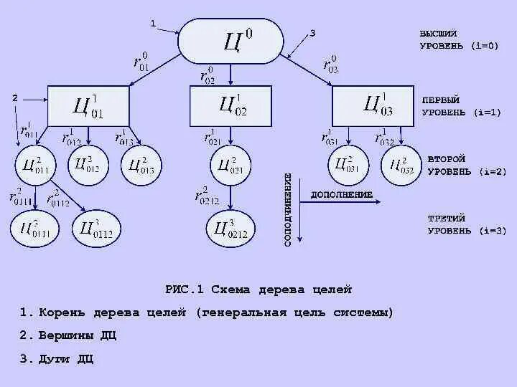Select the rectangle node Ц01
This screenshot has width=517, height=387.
tap(88, 107)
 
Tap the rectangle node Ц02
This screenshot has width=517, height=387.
tap(230, 106)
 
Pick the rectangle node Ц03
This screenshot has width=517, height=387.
tap(373, 106)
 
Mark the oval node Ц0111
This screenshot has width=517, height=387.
tap(32, 229)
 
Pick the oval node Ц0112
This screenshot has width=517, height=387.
tap(96, 229)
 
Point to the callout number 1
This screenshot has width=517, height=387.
tap(153, 24)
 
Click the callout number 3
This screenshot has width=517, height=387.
tap(312, 33)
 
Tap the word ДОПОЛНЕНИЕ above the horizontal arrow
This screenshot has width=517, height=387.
tap(341, 195)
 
